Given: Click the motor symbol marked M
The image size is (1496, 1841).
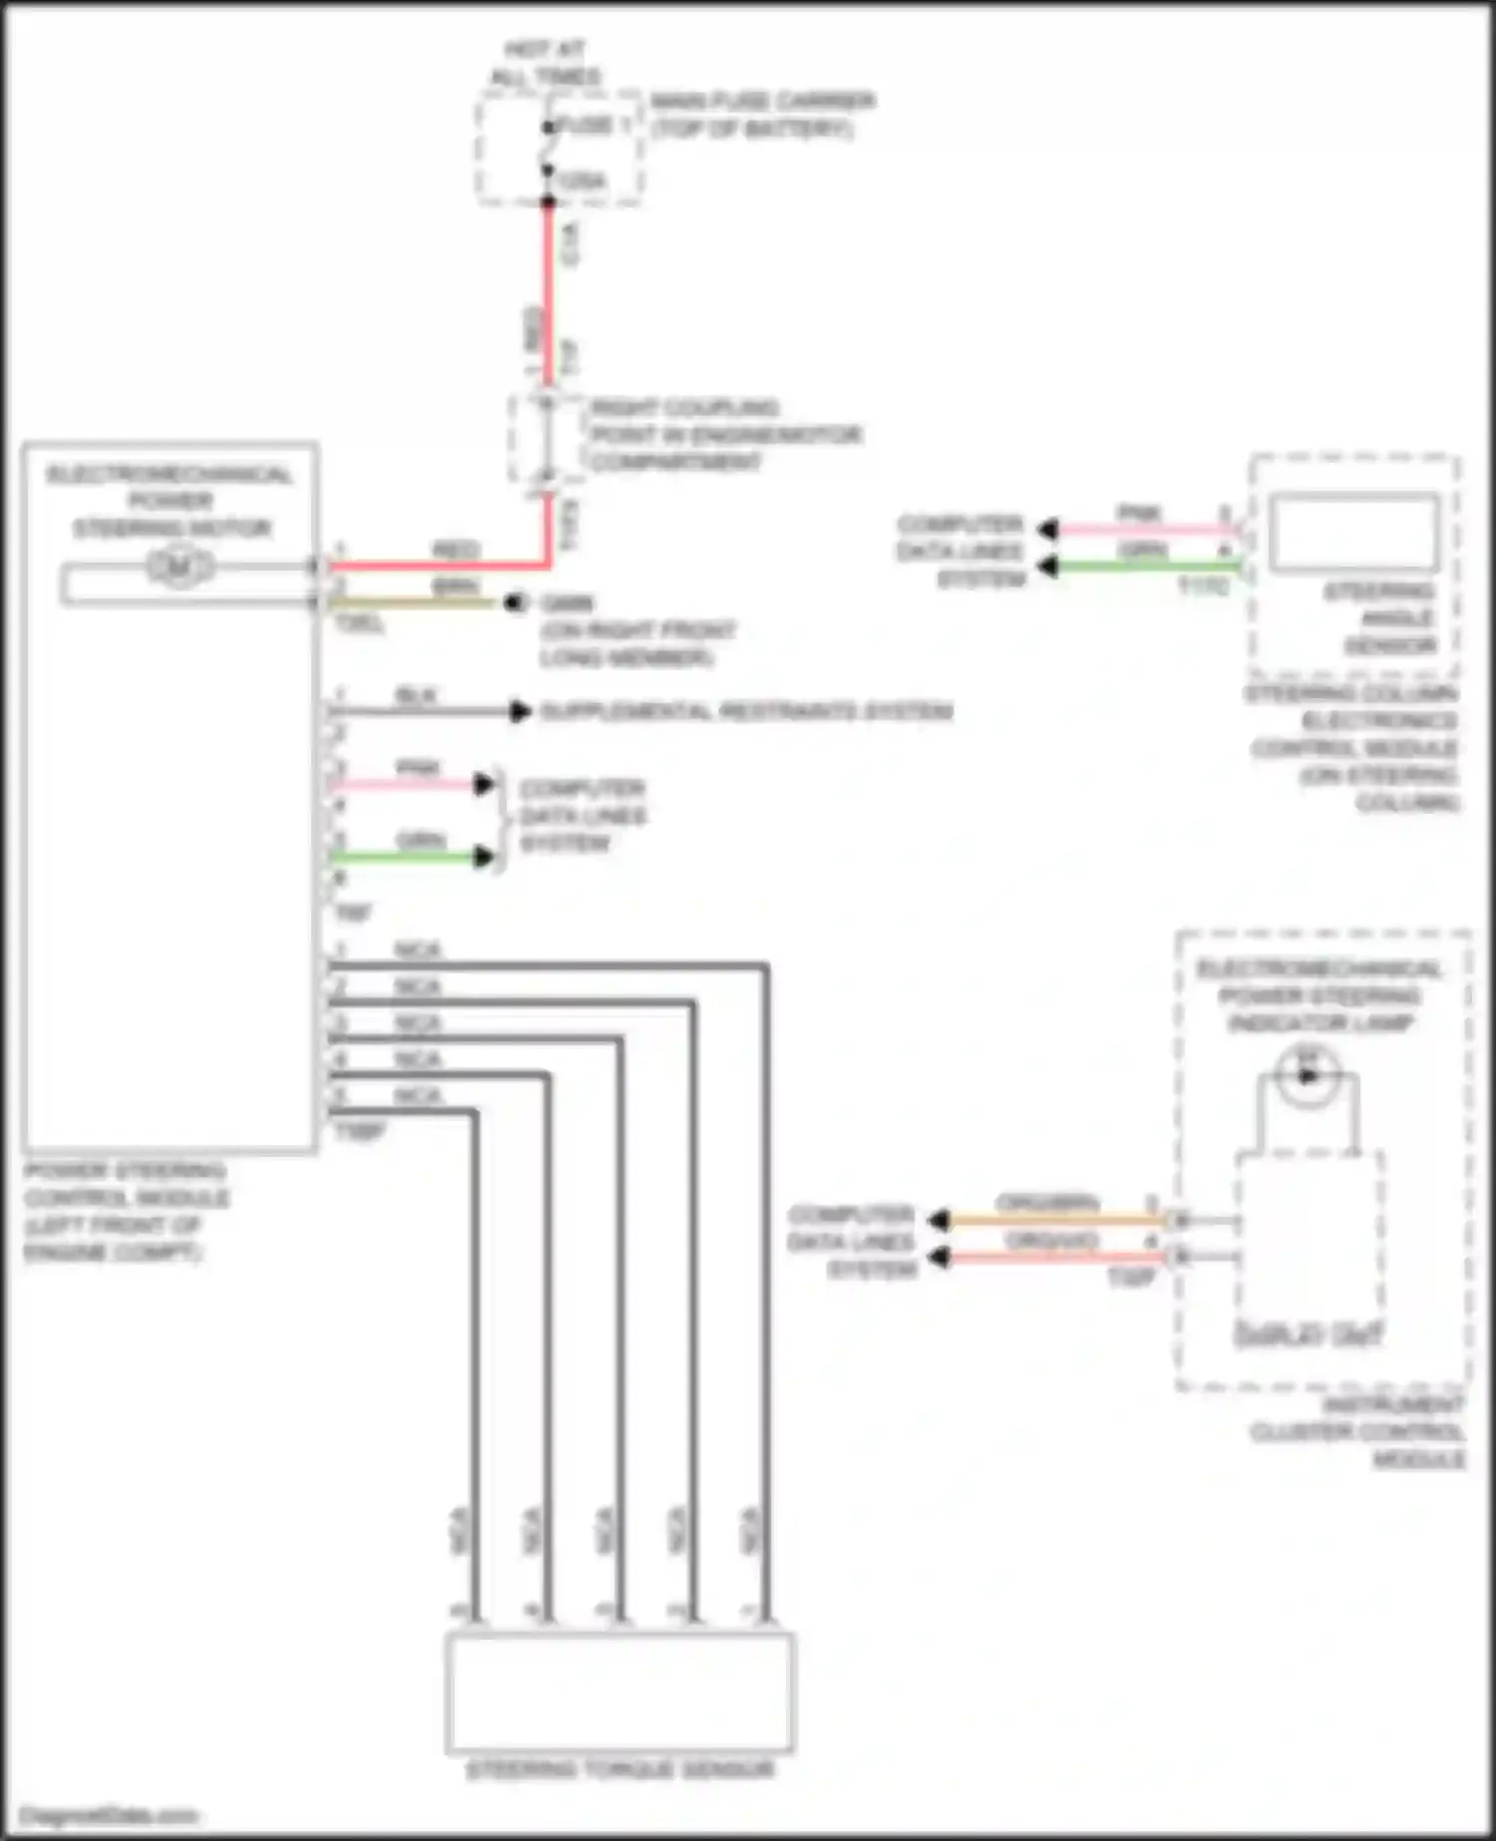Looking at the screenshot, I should pos(180,567).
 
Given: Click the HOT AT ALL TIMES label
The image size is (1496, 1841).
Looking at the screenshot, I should pos(546,63).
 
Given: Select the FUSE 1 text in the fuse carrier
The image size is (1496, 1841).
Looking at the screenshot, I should pos(593,125).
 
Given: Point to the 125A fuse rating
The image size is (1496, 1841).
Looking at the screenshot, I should pos(580,181).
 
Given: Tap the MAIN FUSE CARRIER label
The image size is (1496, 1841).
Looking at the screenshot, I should pos(762,115).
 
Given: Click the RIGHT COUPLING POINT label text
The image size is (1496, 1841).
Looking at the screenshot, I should pos(724,435).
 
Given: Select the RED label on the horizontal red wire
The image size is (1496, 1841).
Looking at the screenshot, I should pos(456,550).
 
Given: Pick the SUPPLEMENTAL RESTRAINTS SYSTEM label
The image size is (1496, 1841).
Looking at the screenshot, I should pos(746,711).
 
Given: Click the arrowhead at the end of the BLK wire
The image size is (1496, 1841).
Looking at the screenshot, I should pos(520,711).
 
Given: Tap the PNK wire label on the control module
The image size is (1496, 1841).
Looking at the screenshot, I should pos(418,768).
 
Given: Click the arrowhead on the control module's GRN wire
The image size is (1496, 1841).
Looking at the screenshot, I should pos(485,857).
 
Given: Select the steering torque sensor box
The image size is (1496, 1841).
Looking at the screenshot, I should pos(619,1692).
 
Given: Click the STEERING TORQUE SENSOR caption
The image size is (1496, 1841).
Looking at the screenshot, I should pos(620,1770).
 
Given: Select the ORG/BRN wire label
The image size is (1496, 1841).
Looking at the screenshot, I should pos(1047,1203).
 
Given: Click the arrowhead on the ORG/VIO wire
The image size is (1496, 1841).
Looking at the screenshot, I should pos(938,1257).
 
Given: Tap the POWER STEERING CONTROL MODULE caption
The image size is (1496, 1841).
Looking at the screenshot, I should pos(125,1211).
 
